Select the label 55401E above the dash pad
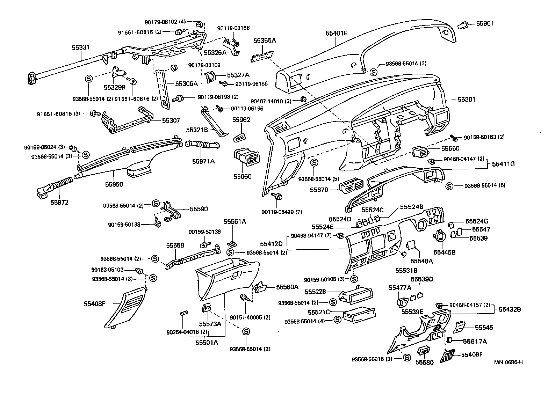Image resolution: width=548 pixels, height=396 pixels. (337, 33)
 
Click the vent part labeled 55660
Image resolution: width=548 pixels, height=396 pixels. (247, 158)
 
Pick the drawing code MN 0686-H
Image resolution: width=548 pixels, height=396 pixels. (508, 362)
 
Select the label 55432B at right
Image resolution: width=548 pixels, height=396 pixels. (510, 309)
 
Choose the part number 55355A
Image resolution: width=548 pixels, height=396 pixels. (265, 41)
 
